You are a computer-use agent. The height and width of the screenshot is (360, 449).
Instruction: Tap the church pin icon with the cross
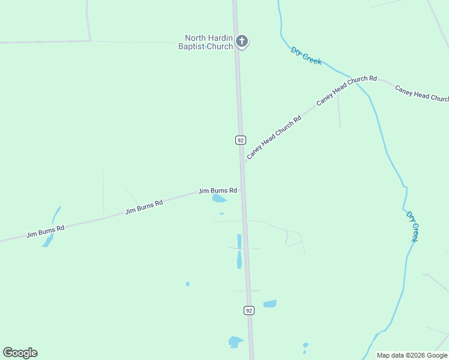241,41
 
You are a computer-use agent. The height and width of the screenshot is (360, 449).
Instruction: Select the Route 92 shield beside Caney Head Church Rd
240,140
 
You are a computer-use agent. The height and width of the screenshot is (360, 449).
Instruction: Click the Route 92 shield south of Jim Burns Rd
249,310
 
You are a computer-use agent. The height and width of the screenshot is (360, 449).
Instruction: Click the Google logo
20,353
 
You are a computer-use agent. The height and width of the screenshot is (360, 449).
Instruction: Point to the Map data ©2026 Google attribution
412,355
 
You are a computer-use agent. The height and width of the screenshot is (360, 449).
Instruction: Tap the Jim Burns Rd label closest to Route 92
217,190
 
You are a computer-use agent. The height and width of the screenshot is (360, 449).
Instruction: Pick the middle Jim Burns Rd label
144,208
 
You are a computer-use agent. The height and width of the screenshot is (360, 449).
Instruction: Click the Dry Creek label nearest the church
306,55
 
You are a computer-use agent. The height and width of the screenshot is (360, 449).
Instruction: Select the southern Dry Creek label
412,226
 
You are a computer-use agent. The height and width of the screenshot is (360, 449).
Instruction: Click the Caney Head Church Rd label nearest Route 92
274,137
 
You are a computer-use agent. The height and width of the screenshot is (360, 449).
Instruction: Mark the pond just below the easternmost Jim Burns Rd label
220,199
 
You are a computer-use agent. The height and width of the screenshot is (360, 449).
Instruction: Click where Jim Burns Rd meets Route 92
243,189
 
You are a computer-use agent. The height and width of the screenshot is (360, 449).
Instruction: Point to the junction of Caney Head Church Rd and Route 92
242,163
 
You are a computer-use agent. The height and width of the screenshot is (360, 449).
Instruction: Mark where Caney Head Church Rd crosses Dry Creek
358,80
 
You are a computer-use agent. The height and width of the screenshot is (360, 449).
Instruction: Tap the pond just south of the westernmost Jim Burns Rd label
49,241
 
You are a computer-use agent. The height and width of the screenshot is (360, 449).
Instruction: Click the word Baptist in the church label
193,47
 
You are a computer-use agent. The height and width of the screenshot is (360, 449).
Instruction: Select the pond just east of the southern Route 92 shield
270,304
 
